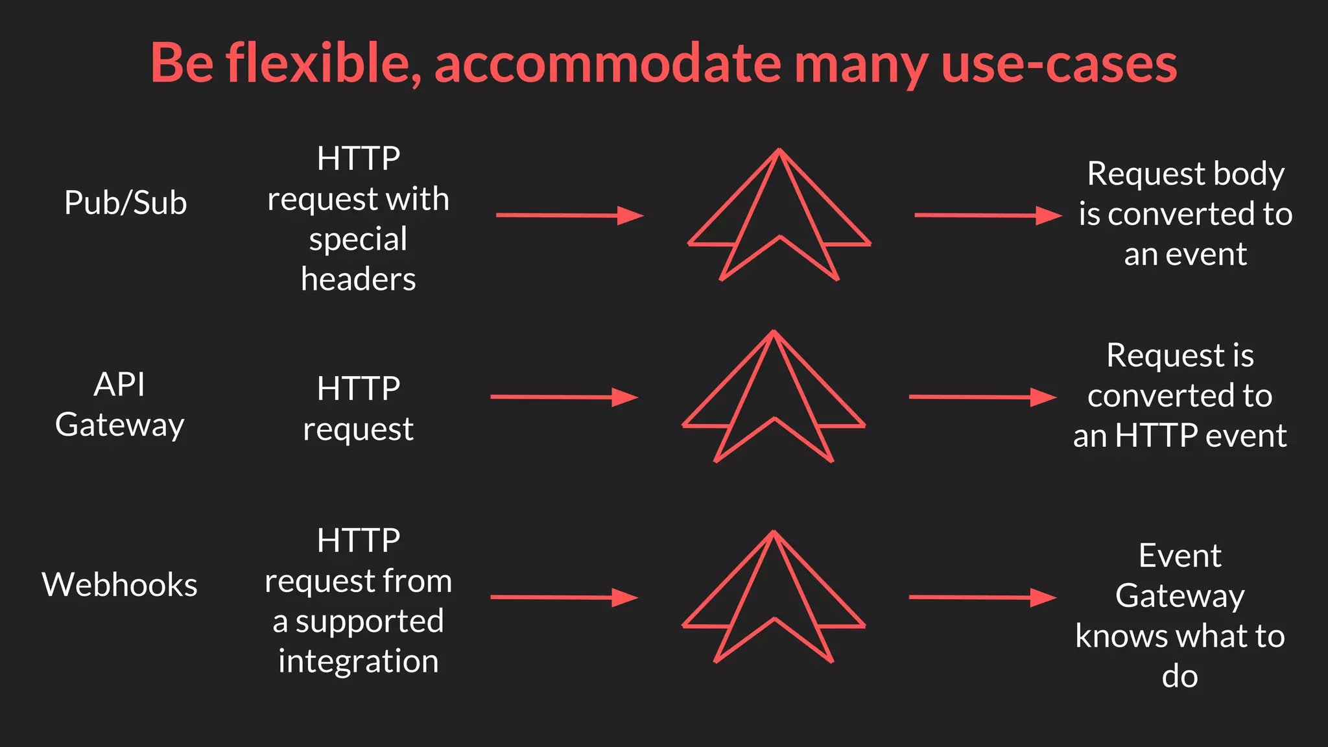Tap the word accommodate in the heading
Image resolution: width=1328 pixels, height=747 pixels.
(608, 64)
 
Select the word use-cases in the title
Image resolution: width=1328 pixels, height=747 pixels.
(1059, 64)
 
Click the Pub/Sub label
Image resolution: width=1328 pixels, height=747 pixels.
(126, 203)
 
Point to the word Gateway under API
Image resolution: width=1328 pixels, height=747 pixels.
(120, 425)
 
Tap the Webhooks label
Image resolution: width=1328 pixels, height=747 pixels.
(120, 585)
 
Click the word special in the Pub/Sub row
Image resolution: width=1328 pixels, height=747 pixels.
(358, 239)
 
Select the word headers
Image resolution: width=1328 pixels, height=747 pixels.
(358, 279)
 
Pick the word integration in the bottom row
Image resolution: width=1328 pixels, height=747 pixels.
(358, 661)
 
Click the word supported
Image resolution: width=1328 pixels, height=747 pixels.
(370, 621)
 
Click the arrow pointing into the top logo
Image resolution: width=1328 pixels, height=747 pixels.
(569, 215)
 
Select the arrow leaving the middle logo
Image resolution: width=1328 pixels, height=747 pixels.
(982, 397)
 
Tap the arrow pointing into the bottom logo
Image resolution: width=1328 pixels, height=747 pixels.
(564, 597)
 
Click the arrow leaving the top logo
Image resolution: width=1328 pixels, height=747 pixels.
(988, 215)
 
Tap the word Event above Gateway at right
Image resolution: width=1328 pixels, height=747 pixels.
(1180, 556)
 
